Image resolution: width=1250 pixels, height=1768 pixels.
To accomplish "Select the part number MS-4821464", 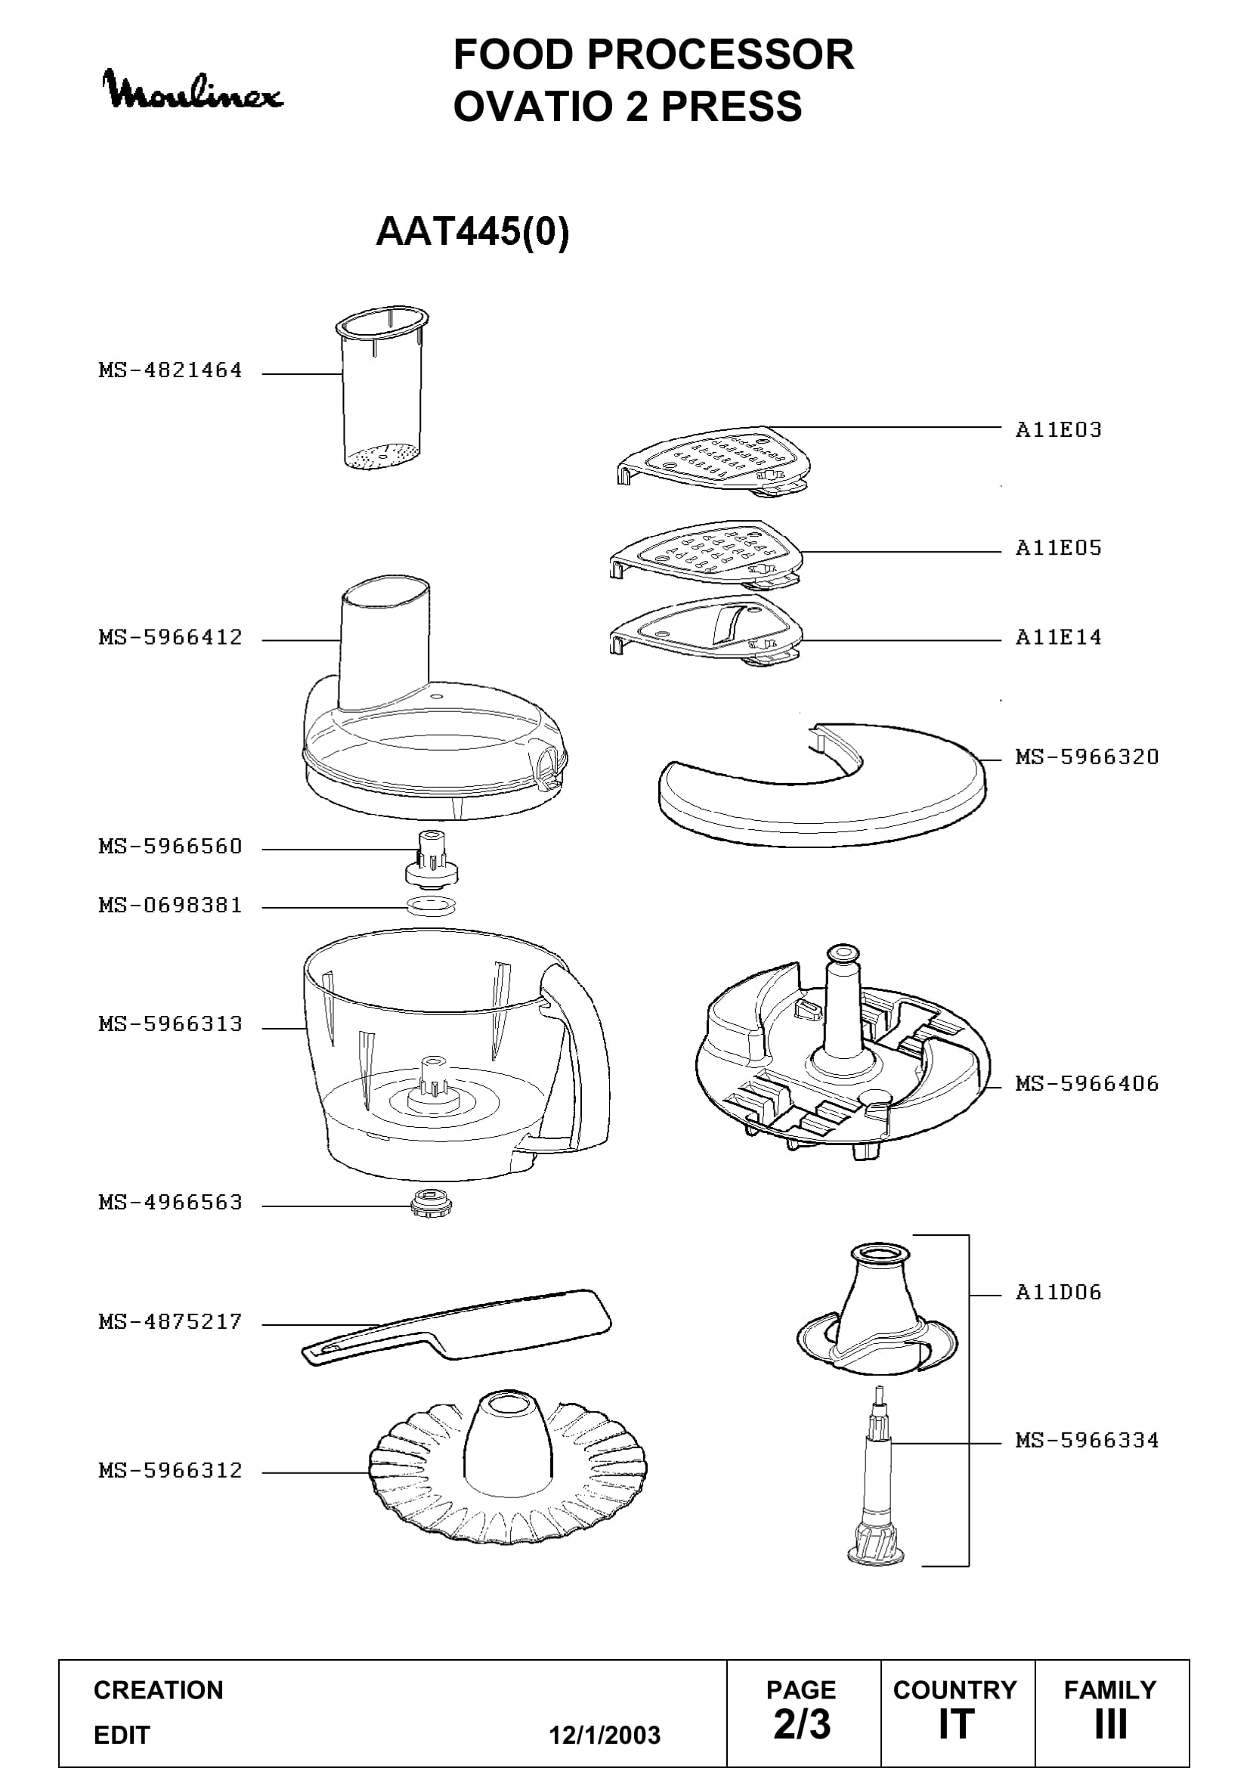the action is click(170, 370).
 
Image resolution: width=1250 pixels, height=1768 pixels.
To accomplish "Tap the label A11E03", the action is click(1058, 429).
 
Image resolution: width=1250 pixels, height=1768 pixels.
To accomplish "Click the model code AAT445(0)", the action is click(472, 231).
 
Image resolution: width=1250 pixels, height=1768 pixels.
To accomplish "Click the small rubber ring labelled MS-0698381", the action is click(431, 906).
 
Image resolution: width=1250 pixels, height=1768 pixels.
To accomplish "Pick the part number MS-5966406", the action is click(1087, 1084).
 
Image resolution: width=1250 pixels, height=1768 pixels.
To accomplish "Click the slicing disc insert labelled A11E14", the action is click(706, 630).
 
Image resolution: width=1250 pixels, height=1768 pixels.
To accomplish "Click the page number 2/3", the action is click(802, 1725).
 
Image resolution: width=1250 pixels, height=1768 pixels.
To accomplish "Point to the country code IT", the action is click(957, 1725).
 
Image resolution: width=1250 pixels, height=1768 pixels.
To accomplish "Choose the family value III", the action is click(1111, 1725).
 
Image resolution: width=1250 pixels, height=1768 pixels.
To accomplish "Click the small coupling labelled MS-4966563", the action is click(431, 1203).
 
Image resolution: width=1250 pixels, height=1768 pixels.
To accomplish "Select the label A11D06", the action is click(1058, 1292).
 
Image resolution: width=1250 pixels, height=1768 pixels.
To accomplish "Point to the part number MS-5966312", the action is click(170, 1471).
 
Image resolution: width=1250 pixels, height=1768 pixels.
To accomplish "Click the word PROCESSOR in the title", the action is click(720, 54).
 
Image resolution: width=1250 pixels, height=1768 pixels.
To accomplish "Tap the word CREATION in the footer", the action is click(159, 1690).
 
